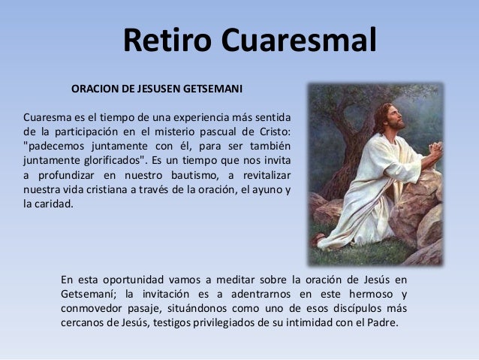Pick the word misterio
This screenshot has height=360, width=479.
(190, 132)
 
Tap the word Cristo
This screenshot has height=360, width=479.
(274, 132)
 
